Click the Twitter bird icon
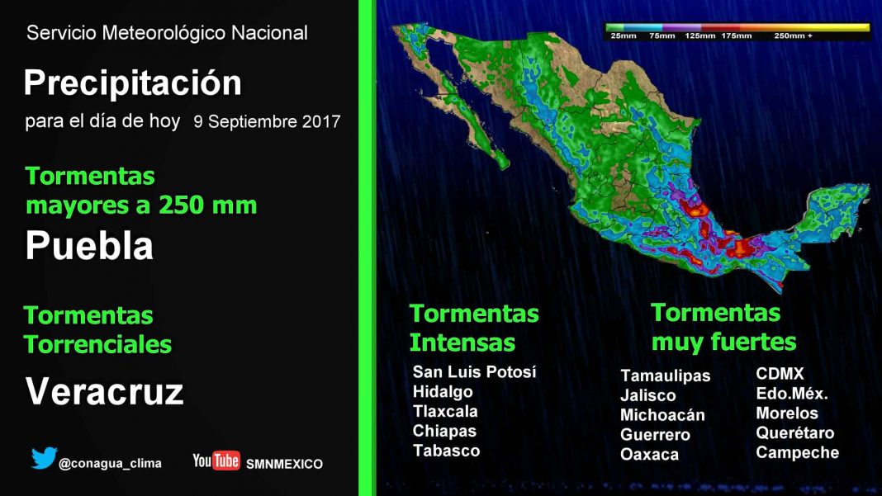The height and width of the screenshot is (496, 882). (x=44, y=458)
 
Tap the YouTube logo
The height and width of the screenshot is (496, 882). (x=216, y=461)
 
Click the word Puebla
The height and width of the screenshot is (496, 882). (x=89, y=246)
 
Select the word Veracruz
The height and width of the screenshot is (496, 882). (x=105, y=391)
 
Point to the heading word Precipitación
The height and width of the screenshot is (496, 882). (x=133, y=83)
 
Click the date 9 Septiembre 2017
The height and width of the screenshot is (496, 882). (x=268, y=121)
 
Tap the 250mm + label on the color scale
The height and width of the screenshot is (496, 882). (x=793, y=35)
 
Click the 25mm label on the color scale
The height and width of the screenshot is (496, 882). (x=624, y=35)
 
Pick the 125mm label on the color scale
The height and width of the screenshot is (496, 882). (x=700, y=35)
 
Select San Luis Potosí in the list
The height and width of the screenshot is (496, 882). (x=474, y=371)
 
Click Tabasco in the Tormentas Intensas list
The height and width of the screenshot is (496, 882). (x=446, y=451)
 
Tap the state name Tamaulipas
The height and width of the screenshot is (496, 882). (x=666, y=376)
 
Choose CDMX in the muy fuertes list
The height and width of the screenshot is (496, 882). (x=780, y=374)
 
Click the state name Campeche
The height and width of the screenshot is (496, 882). (x=797, y=453)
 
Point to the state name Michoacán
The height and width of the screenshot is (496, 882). (x=662, y=415)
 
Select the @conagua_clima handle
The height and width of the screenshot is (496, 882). (x=111, y=463)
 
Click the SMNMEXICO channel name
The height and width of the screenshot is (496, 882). (x=284, y=464)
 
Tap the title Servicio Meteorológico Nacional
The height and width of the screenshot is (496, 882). (x=167, y=33)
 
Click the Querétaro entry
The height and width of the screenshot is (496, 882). (x=794, y=433)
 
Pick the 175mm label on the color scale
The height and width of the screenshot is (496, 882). (x=737, y=35)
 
